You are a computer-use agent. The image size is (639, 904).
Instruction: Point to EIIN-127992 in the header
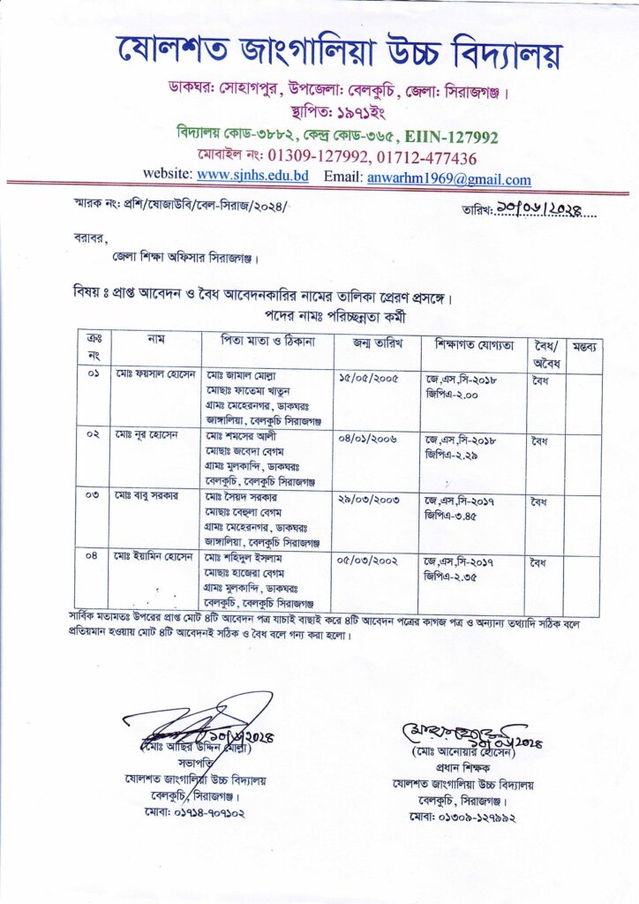(452, 137)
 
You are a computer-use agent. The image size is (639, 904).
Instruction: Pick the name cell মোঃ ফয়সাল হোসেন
(153, 376)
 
